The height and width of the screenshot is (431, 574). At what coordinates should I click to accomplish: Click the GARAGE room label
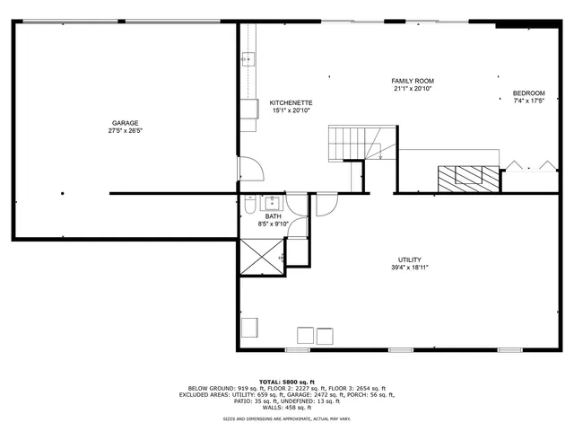click(125, 123)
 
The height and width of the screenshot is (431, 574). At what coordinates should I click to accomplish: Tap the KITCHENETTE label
click(291, 102)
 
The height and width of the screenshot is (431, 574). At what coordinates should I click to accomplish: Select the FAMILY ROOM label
click(413, 81)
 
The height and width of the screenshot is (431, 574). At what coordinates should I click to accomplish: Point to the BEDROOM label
click(528, 93)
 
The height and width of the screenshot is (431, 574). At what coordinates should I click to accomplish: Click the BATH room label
click(273, 215)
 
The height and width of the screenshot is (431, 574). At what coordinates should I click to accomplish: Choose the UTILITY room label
click(409, 259)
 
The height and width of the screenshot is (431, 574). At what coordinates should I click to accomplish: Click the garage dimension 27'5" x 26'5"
click(125, 131)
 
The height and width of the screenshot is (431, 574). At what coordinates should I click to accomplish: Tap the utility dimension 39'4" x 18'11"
click(409, 268)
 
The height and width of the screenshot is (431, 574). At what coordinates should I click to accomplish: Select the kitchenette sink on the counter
click(248, 61)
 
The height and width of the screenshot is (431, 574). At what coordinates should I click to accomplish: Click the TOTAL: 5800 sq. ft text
click(286, 381)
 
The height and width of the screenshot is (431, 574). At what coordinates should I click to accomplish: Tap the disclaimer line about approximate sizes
click(286, 418)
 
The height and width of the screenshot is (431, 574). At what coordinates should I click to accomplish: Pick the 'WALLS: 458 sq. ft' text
click(286, 407)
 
